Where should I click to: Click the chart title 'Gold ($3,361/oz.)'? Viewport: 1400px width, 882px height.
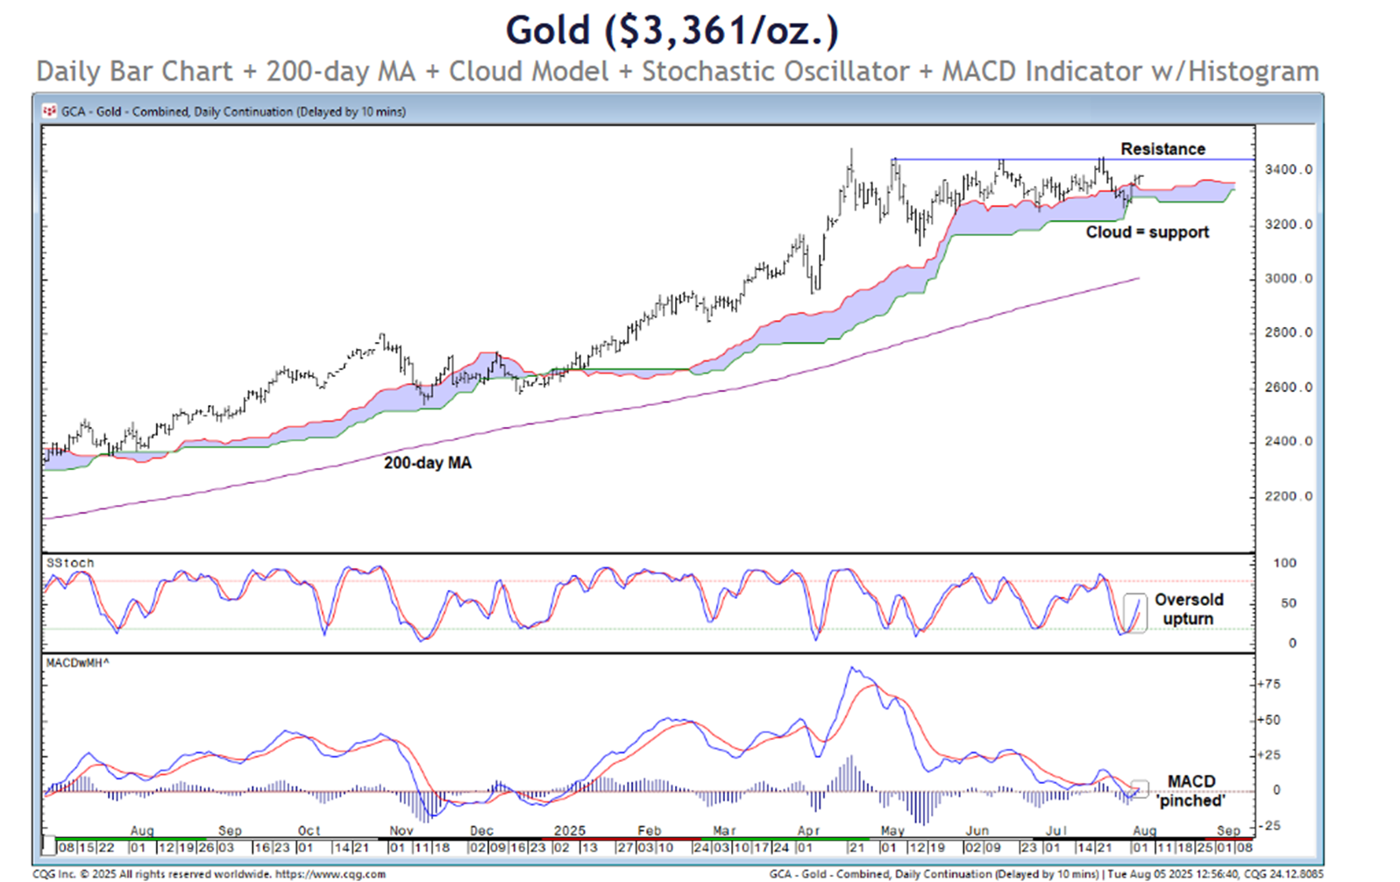click(672, 31)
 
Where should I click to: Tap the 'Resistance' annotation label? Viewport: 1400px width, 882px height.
click(1162, 149)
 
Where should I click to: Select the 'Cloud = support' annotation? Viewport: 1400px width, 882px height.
click(1147, 232)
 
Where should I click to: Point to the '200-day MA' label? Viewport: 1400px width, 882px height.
click(427, 463)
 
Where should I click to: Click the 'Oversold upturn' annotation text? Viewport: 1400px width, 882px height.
click(1188, 609)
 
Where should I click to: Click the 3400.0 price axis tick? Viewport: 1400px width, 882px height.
click(1288, 169)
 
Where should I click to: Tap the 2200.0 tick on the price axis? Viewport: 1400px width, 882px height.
click(1288, 496)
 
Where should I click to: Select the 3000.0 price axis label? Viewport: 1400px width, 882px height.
click(1288, 279)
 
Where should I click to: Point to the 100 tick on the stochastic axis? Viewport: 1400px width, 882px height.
click(1284, 563)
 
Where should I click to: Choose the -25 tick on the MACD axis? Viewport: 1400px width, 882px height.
click(1269, 825)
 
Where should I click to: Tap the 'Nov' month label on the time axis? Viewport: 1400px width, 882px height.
click(401, 830)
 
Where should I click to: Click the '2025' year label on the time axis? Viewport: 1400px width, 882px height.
click(569, 830)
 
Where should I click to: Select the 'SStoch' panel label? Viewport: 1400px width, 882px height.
click(70, 563)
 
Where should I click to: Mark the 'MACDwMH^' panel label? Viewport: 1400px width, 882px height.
click(77, 663)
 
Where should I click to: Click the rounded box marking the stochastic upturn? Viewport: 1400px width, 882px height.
click(1135, 613)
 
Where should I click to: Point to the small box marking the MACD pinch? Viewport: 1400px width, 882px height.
click(1139, 788)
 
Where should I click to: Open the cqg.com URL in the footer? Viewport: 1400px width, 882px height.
click(330, 874)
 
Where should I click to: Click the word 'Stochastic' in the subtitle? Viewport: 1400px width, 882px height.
click(776, 72)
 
